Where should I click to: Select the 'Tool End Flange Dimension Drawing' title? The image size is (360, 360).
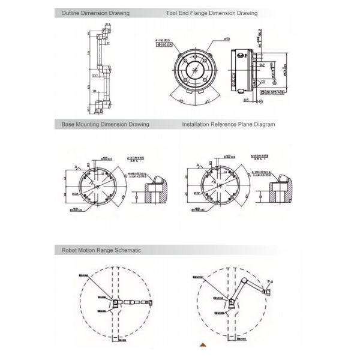(x=211, y=13)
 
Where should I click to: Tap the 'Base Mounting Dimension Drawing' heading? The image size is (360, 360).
(x=105, y=125)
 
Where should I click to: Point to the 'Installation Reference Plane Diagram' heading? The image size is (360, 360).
(x=228, y=125)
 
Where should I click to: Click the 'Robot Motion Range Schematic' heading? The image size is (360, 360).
(x=101, y=250)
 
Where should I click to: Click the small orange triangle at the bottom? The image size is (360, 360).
(x=203, y=344)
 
